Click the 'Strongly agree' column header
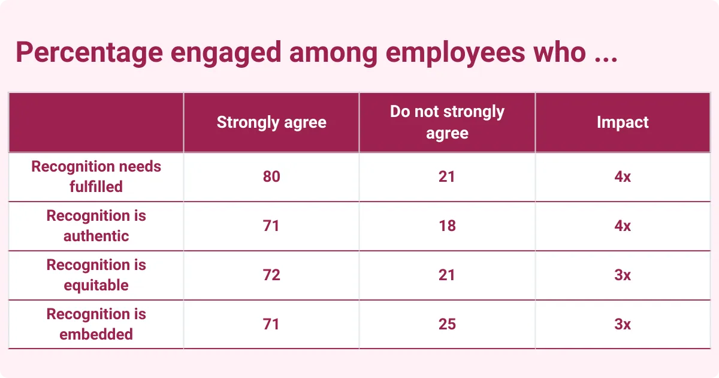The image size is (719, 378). (271, 122)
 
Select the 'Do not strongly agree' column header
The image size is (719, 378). (447, 122)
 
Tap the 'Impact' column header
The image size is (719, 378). (623, 122)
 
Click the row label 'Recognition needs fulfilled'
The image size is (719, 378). (96, 176)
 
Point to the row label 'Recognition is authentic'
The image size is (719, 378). (96, 226)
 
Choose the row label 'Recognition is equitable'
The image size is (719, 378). (96, 275)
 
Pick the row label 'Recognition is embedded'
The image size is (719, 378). (96, 324)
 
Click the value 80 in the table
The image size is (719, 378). (271, 176)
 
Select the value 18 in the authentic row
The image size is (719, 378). (447, 226)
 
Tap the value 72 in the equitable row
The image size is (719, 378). (271, 275)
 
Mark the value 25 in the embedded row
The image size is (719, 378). (447, 324)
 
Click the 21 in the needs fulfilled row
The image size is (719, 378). (447, 176)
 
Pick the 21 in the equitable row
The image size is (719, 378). (447, 275)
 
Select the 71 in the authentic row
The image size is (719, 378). (271, 226)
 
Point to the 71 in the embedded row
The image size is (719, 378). (271, 324)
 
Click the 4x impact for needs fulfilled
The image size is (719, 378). (623, 176)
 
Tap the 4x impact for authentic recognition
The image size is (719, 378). (623, 226)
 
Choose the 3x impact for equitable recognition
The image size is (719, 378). (623, 275)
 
